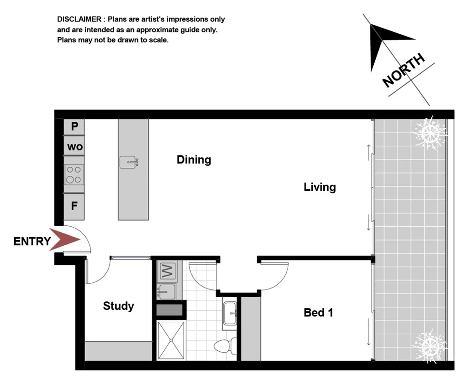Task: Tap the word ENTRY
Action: click(x=32, y=241)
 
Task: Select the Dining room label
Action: click(x=194, y=160)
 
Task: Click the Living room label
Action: click(x=320, y=187)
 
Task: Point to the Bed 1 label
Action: click(x=318, y=312)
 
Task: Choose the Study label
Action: click(x=118, y=306)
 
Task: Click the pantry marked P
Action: click(x=74, y=126)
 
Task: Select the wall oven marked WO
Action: click(x=75, y=147)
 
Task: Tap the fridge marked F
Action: click(x=74, y=206)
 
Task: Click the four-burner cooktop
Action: click(x=74, y=174)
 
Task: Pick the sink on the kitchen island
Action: click(x=129, y=163)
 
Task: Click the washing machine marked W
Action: click(x=166, y=271)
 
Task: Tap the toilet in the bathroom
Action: click(x=223, y=345)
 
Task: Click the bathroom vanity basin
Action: click(x=230, y=314)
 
